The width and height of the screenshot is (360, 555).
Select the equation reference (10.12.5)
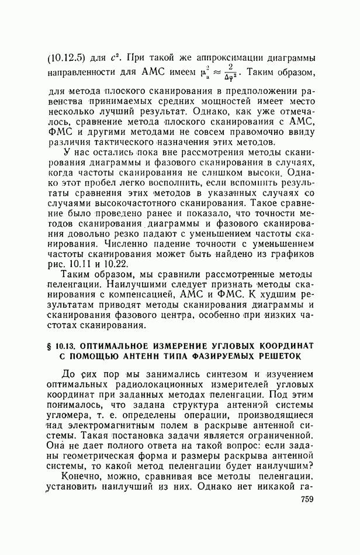(66, 58)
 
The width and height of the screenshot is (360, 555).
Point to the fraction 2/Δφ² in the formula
(246, 75)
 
